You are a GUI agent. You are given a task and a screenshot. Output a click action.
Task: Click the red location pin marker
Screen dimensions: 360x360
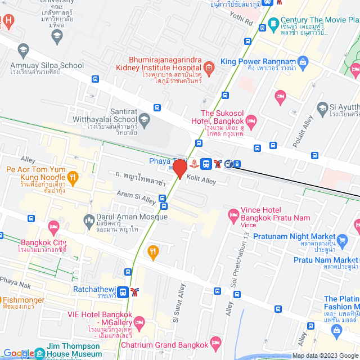pyautogui.click(x=180, y=169)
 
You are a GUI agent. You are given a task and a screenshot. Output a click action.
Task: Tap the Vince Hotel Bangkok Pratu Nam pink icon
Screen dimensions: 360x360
pyautogui.click(x=233, y=214)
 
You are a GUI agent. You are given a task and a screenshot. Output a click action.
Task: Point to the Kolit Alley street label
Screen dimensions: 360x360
pyautogui.click(x=201, y=181)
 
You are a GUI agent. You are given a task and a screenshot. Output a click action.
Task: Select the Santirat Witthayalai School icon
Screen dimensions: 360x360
pyautogui.click(x=145, y=118)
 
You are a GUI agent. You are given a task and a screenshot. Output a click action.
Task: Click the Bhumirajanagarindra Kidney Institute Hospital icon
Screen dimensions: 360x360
pyautogui.click(x=209, y=69)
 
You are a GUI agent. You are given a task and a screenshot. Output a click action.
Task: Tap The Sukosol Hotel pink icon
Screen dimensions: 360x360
pyautogui.click(x=251, y=121)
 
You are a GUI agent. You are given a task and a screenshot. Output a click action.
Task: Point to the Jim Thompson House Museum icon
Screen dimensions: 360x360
pyautogui.click(x=40, y=353)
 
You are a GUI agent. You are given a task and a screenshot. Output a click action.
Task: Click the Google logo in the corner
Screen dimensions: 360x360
pyautogui.click(x=18, y=353)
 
